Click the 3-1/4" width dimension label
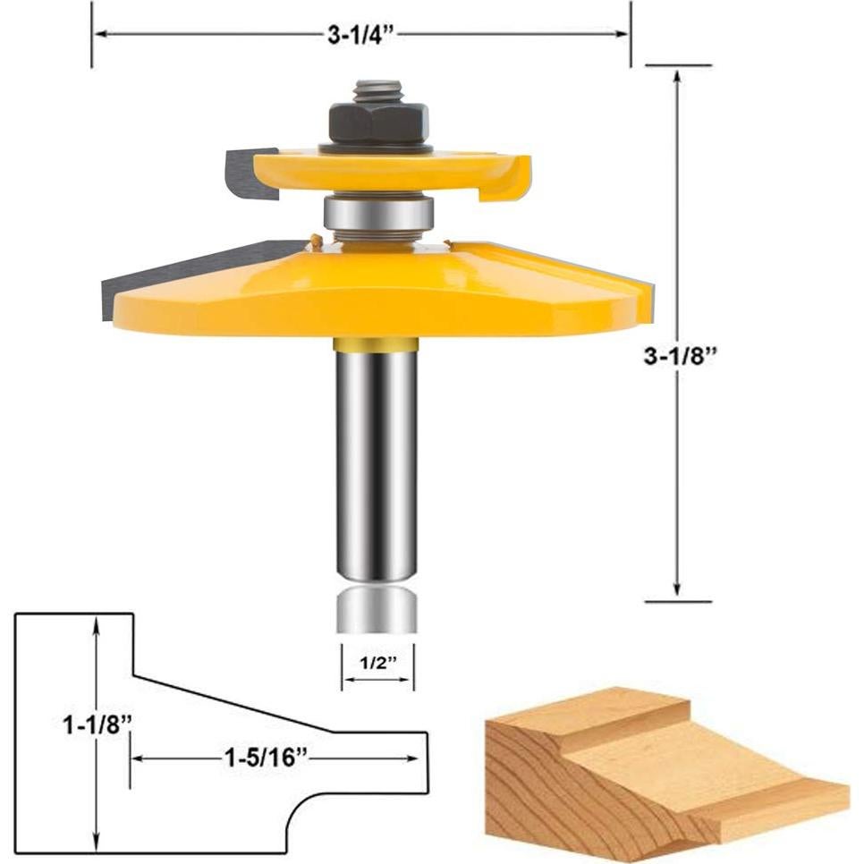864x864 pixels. tap(361, 35)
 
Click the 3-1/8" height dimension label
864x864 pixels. tap(682, 355)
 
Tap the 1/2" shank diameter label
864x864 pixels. tap(377, 664)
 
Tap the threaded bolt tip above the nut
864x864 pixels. tap(377, 90)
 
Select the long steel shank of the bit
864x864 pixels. tap(376, 465)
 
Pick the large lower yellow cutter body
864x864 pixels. tap(376, 291)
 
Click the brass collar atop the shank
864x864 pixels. tap(376, 343)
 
